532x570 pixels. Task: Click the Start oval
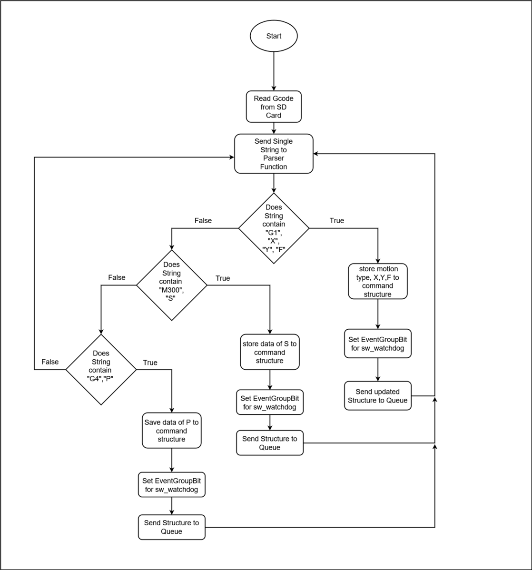[274, 36]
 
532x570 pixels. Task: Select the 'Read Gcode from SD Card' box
[274, 107]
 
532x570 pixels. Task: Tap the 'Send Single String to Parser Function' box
[274, 154]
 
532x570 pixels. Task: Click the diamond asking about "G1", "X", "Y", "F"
[274, 228]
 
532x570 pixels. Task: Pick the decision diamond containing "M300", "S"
[172, 285]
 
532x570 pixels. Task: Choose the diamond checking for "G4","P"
[101, 370]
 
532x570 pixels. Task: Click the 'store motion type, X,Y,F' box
[378, 281]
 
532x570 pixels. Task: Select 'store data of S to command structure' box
[270, 352]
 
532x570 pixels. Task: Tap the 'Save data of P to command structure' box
[172, 431]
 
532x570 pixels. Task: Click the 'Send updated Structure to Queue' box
[378, 396]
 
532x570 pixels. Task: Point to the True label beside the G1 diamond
[337, 221]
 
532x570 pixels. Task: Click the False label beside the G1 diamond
[203, 221]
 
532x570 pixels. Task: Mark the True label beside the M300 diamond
[223, 278]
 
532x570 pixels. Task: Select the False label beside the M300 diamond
[117, 277]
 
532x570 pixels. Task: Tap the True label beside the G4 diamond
[150, 363]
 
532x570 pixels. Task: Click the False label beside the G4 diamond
[50, 362]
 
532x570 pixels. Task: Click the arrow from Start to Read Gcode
[274, 71]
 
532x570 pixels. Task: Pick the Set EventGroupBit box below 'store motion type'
[378, 344]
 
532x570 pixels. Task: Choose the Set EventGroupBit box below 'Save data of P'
[172, 484]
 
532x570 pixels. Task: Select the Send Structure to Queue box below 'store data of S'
[270, 443]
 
